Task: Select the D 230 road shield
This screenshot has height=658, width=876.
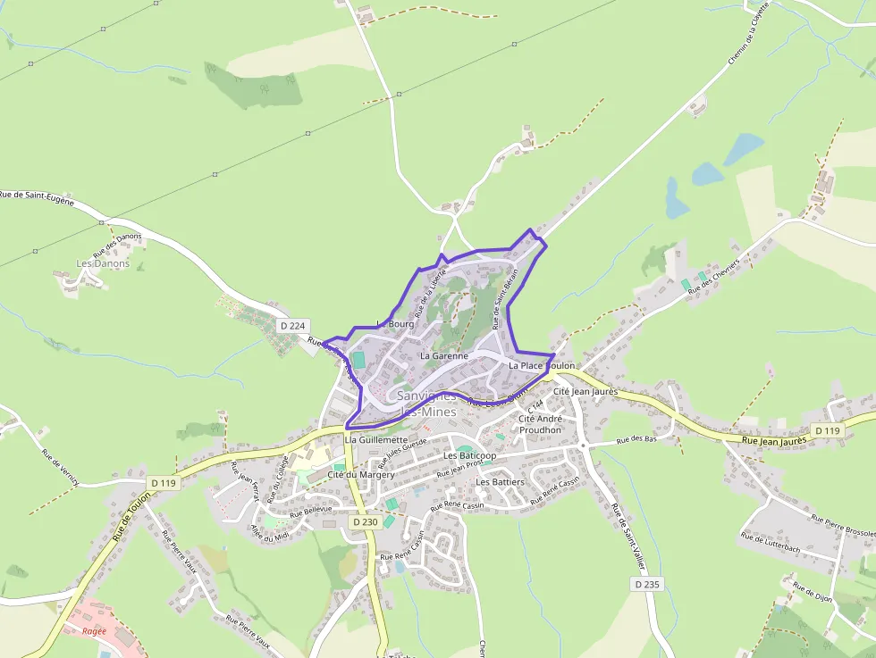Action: click(x=366, y=521)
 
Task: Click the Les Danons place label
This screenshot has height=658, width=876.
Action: click(x=103, y=263)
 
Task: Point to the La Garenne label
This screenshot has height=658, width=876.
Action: click(x=444, y=355)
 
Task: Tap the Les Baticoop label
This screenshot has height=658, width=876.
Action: click(x=469, y=455)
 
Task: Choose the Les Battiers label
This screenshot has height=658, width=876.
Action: click(x=500, y=482)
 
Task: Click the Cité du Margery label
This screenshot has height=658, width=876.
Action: click(x=361, y=474)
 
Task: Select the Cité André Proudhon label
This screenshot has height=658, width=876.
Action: click(x=540, y=424)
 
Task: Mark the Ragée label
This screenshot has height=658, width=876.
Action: click(x=94, y=631)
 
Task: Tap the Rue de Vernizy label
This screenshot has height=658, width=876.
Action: click(x=60, y=467)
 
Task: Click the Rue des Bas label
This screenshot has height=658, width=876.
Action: click(x=638, y=439)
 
